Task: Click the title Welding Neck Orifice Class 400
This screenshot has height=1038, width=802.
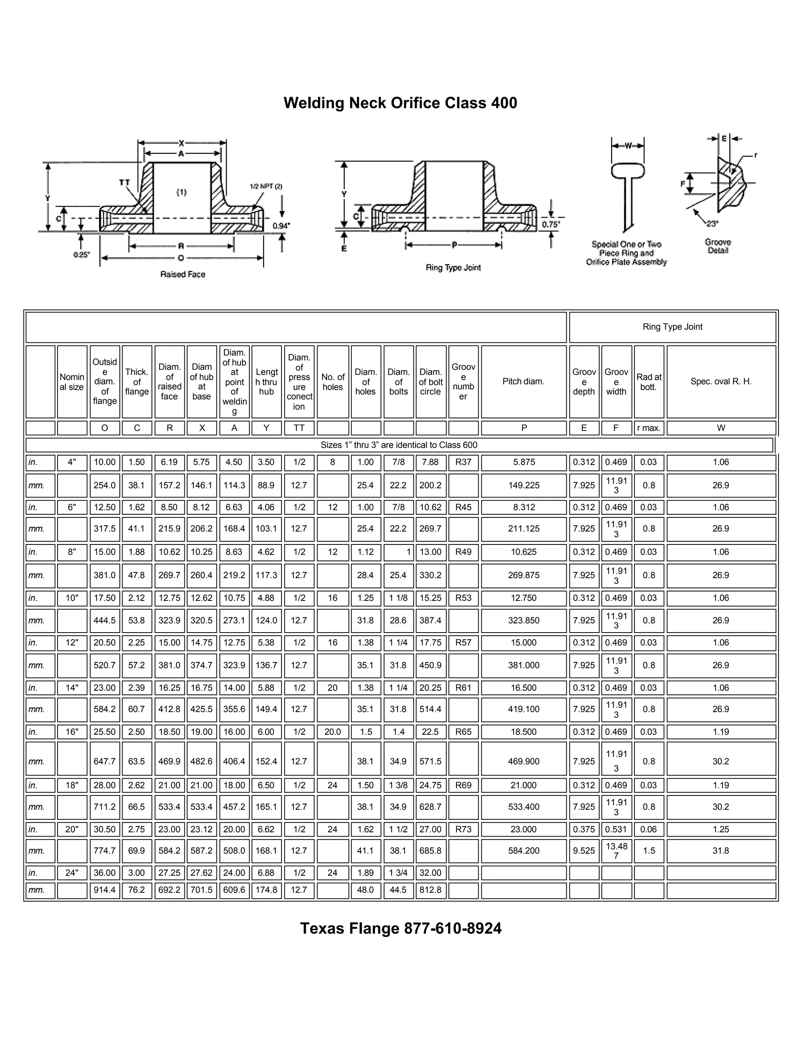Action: pyautogui.click(x=400, y=103)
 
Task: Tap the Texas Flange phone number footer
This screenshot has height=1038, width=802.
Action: pyautogui.click(x=401, y=928)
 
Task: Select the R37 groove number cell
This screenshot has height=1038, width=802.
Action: pyautogui.click(x=463, y=462)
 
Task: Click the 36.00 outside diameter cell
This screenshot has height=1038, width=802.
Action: pyautogui.click(x=105, y=873)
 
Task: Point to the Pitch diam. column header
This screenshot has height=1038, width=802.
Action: pyautogui.click(x=524, y=381)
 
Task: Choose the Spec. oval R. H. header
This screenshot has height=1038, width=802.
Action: pyautogui.click(x=721, y=381)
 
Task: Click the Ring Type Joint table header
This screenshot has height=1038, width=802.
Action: pyautogui.click(x=672, y=327)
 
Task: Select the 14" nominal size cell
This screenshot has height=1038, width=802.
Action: pyautogui.click(x=72, y=688)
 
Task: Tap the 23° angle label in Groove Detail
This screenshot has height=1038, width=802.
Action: pyautogui.click(x=712, y=223)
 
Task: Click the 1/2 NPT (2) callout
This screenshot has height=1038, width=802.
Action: pyautogui.click(x=266, y=186)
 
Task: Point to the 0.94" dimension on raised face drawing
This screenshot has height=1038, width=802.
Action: pyautogui.click(x=281, y=226)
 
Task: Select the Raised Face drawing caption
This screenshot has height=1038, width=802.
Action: pyautogui.click(x=182, y=274)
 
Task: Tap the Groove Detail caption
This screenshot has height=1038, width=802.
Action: pyautogui.click(x=718, y=246)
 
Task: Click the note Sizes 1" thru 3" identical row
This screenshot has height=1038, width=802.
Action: pyautogui.click(x=399, y=445)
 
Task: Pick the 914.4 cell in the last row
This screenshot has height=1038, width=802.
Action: pyautogui.click(x=105, y=890)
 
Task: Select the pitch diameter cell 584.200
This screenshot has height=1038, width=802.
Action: pyautogui.click(x=524, y=851)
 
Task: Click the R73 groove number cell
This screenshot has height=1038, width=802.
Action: pyautogui.click(x=463, y=829)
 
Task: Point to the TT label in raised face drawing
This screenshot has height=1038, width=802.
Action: pyautogui.click(x=125, y=183)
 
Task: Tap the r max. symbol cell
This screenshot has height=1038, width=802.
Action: pyautogui.click(x=648, y=428)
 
